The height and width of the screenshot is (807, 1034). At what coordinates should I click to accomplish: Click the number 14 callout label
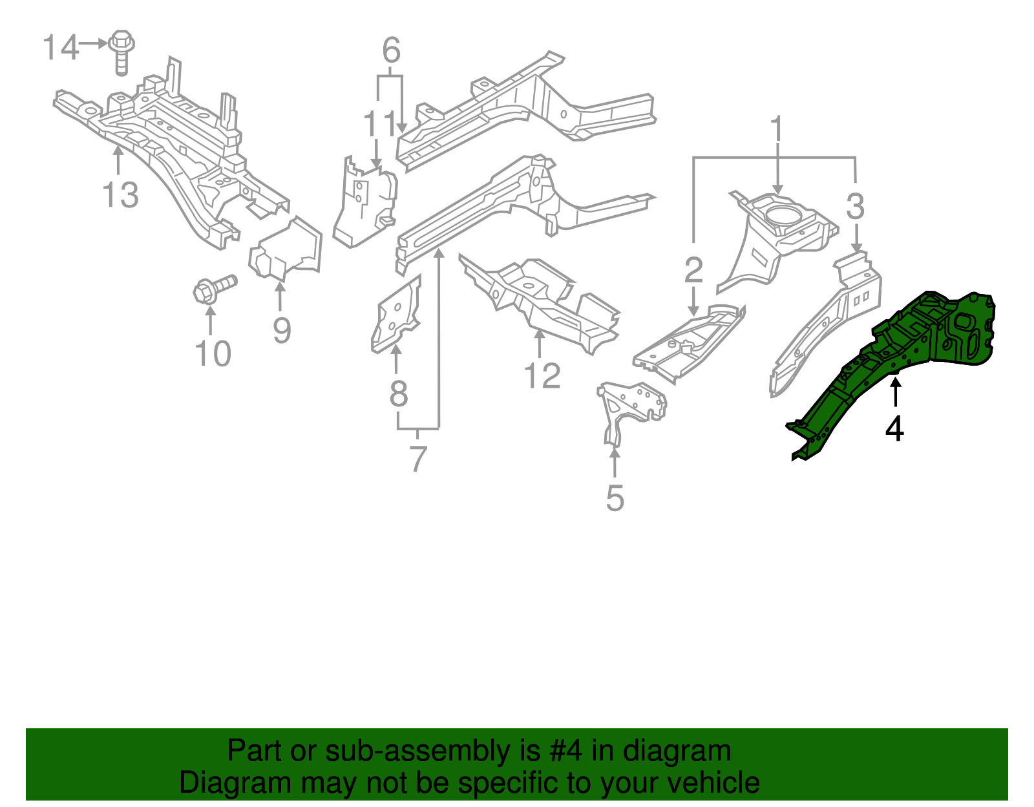pyautogui.click(x=60, y=48)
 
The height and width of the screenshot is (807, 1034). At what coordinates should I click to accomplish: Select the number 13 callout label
pyautogui.click(x=120, y=195)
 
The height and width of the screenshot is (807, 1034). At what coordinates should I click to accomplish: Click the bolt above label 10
pyautogui.click(x=214, y=288)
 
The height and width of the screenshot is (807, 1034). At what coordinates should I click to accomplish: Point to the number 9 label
pyautogui.click(x=282, y=330)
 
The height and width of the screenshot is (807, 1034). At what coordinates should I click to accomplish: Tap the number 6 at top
pyautogui.click(x=391, y=50)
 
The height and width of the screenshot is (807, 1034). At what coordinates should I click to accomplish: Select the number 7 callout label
pyautogui.click(x=418, y=459)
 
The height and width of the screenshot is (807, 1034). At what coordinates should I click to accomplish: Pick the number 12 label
pyautogui.click(x=542, y=376)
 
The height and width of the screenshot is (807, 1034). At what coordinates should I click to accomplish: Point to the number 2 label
pyautogui.click(x=693, y=269)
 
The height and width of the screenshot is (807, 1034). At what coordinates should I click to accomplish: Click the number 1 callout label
pyautogui.click(x=776, y=130)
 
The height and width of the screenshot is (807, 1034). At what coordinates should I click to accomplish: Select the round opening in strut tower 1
pyautogui.click(x=783, y=214)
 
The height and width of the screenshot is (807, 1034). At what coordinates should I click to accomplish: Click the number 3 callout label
pyautogui.click(x=855, y=207)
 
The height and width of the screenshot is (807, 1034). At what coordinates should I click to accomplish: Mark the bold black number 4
pyautogui.click(x=894, y=428)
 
